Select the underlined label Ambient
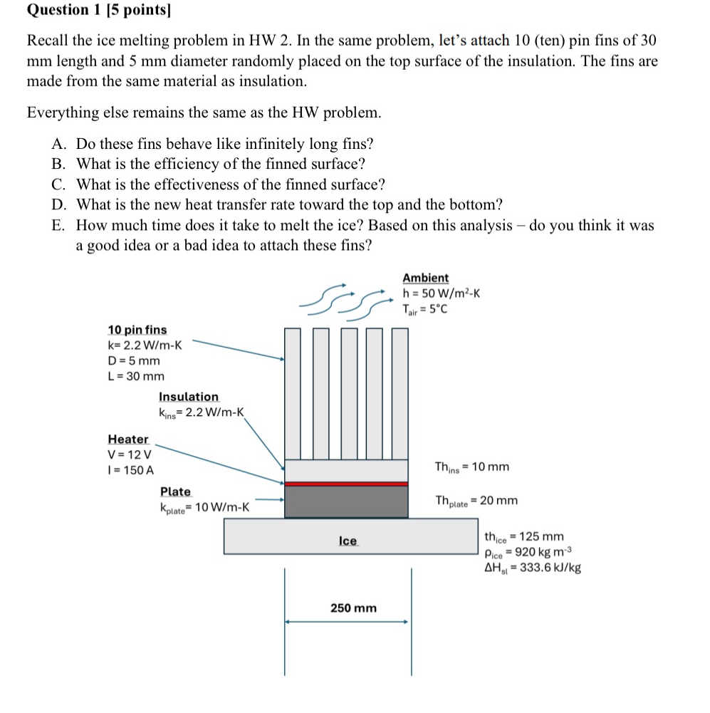425,278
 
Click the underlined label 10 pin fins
137,330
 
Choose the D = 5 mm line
134,360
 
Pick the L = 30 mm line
135,376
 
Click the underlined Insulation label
189,397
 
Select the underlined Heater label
128,439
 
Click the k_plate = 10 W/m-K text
204,508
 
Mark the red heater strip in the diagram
346,484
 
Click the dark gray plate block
346,501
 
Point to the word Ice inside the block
348,541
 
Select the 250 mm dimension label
353,608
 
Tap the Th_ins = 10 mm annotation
471,467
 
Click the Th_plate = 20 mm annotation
476,501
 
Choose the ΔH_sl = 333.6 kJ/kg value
532,568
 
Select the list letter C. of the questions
60,185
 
